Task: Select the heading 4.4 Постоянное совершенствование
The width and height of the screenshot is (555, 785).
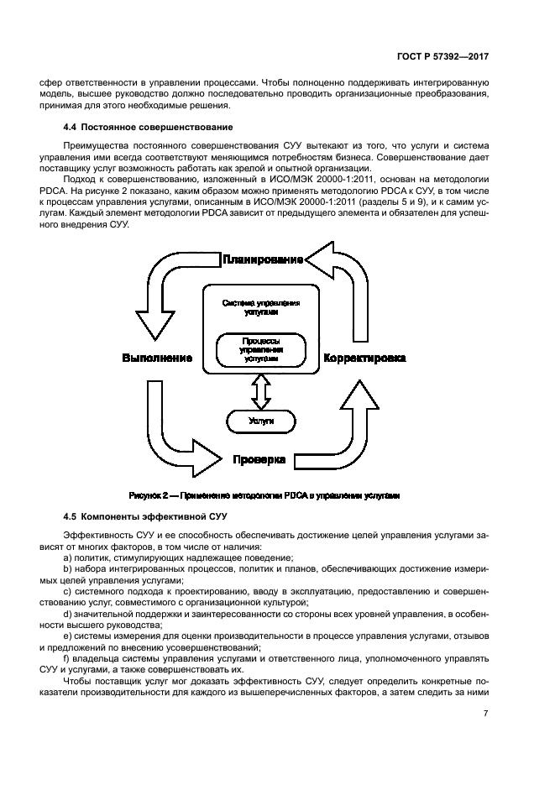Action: click(145, 127)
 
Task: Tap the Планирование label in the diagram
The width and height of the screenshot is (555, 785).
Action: click(262, 259)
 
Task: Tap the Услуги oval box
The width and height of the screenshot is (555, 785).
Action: click(261, 420)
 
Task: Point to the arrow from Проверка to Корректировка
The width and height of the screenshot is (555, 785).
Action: click(353, 428)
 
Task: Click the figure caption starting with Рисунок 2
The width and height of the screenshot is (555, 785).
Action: click(264, 496)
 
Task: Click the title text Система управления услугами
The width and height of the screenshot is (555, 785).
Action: click(260, 306)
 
